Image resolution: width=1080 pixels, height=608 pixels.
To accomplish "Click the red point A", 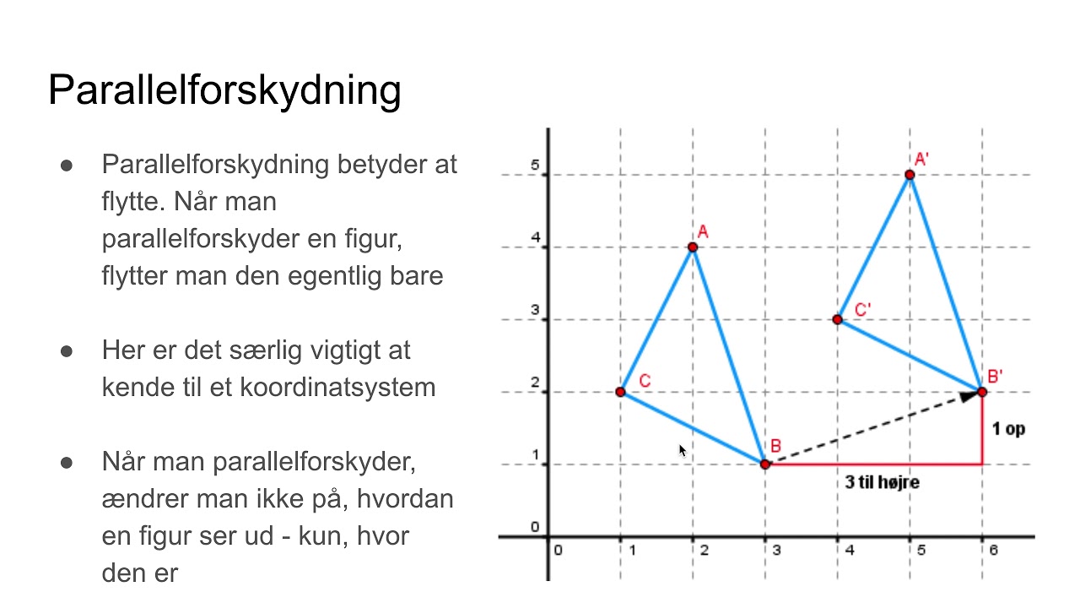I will point(693,247).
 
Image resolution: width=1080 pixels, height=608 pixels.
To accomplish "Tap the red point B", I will point(765,464).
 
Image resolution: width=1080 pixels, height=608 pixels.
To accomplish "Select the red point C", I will point(620,392).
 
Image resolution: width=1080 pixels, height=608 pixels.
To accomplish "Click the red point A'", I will point(910,175).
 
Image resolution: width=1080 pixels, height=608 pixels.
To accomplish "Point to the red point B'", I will point(982,392).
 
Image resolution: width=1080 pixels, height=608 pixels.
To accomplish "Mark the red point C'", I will point(837,319).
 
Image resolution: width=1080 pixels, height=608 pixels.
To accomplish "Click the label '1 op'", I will point(1008,429).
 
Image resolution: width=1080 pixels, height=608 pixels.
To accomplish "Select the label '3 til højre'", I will point(882,483).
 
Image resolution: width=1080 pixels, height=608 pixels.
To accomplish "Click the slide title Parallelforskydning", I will point(224,90).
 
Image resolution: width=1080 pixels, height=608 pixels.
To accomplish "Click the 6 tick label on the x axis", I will point(994,551).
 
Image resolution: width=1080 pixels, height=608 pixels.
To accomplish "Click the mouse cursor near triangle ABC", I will point(682,449).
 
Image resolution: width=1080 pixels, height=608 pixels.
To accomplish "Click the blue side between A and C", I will point(656,319).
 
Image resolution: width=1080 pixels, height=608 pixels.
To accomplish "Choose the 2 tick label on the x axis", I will point(704,551).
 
